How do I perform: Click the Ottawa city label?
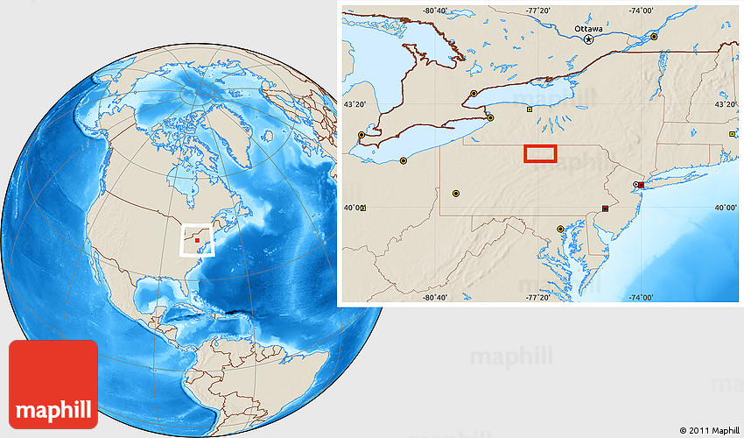588,28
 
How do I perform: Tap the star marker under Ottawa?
588,39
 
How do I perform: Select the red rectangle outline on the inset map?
540,153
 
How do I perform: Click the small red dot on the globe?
198,239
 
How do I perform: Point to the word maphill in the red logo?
53,409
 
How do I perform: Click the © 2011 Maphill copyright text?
709,430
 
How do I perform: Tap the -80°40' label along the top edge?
435,11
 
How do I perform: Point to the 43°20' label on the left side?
354,104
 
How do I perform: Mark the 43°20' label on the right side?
726,104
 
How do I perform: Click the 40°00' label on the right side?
726,208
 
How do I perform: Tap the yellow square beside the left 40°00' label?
363,208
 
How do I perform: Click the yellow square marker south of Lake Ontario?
529,109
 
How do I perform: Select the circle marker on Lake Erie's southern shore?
403,160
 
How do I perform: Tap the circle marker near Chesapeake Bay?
560,229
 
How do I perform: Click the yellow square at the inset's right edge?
732,134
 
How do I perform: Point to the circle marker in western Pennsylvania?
455,193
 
